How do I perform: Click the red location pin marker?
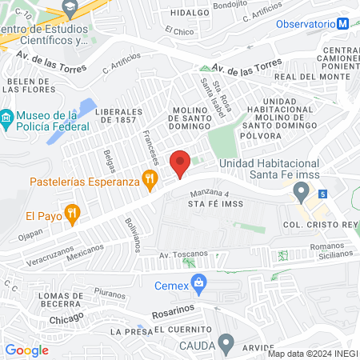pos(181,163)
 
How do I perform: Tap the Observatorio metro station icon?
pos(343,24)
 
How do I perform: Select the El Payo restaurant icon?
pos(73,214)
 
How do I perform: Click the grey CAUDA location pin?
pos(226,345)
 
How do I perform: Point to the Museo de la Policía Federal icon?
pos(7,121)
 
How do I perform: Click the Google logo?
pos(26,350)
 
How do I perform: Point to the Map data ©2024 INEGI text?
pos(312,354)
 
